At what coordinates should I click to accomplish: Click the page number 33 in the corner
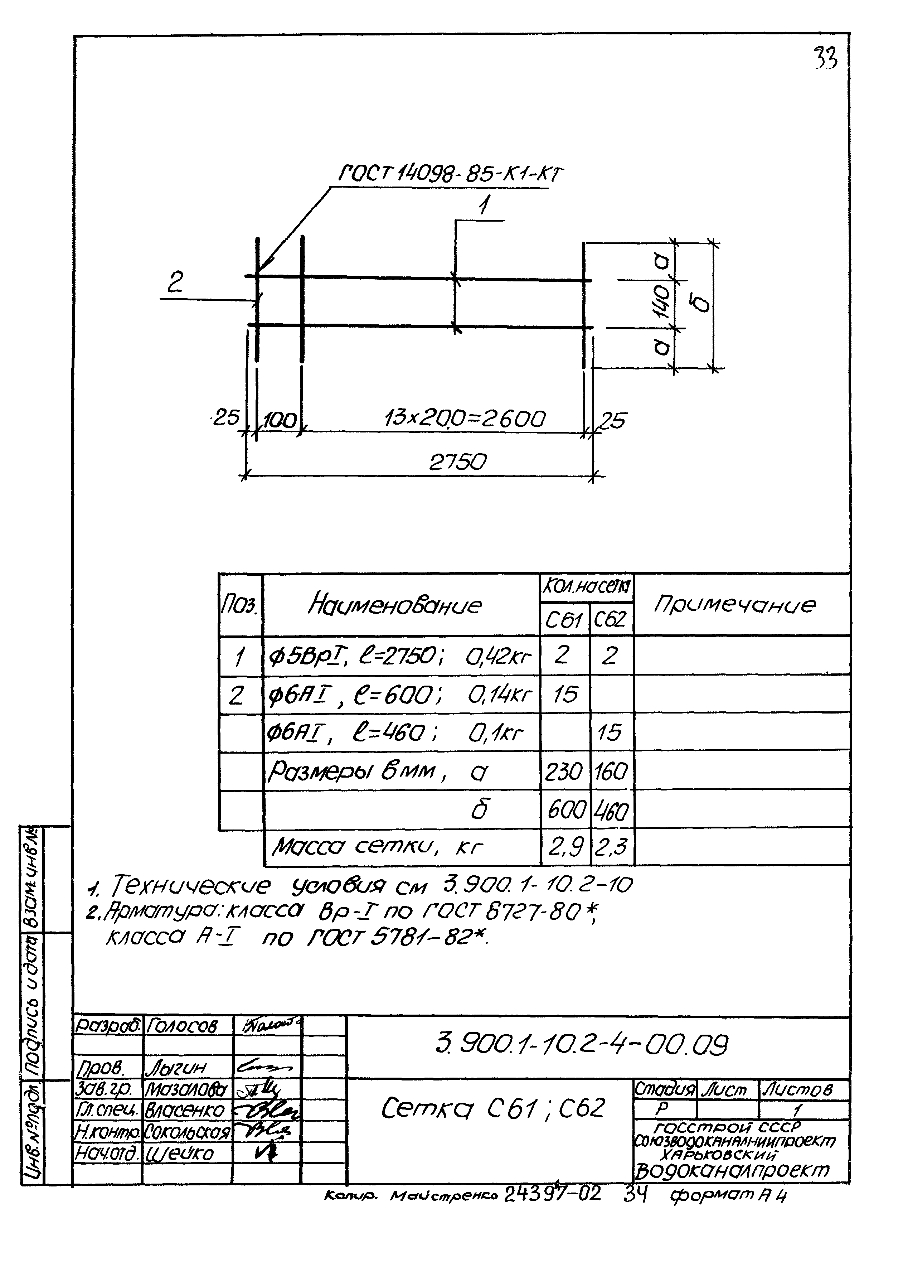point(825,58)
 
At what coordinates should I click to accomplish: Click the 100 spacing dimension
point(280,420)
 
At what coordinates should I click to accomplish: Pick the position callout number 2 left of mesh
point(176,284)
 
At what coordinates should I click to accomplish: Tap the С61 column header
point(563,620)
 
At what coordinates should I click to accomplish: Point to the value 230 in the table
point(563,772)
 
